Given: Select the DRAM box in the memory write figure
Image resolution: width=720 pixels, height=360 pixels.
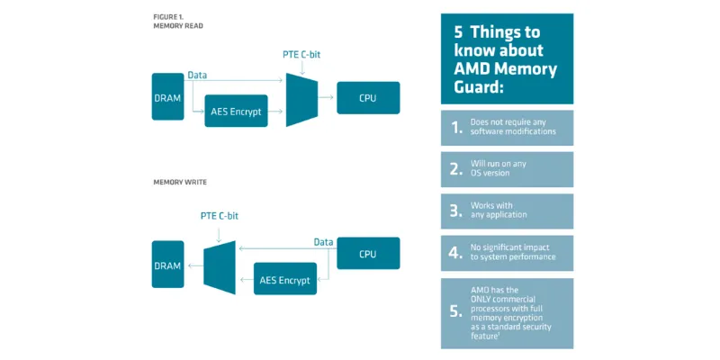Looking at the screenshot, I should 167,265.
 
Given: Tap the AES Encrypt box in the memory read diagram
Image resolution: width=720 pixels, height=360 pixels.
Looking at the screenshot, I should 237,111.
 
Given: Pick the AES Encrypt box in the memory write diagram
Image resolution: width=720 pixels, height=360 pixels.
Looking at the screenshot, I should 284,279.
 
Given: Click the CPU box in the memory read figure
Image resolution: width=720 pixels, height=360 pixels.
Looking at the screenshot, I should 367,97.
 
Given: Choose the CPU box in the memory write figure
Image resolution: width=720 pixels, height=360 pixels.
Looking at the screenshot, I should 367,254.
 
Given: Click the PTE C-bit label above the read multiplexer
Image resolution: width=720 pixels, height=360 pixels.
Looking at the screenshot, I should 301,55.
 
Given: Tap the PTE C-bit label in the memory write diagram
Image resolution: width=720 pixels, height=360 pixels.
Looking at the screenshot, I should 220,216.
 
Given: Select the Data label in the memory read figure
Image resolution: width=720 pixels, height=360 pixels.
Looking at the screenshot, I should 197,76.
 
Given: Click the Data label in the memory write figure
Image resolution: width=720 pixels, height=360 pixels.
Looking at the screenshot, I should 323,241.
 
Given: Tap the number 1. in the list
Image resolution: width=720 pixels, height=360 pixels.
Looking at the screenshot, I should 457,127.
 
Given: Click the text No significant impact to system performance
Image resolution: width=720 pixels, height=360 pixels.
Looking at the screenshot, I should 514,252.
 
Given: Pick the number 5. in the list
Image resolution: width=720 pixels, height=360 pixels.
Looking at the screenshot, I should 457,313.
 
